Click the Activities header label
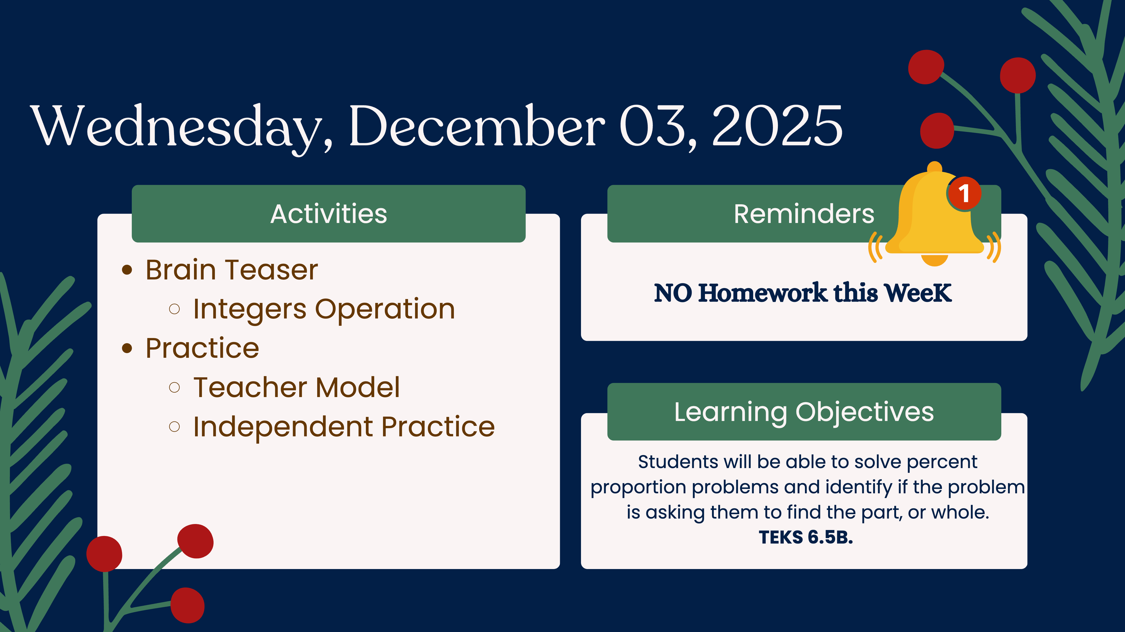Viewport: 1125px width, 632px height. (x=328, y=214)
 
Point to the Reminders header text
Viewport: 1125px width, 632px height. (x=804, y=214)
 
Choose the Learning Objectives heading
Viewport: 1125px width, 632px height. (x=804, y=412)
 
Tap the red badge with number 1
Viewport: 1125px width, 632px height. (x=964, y=193)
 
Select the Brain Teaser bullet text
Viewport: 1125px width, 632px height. (x=232, y=270)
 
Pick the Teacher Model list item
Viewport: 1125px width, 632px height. (x=296, y=388)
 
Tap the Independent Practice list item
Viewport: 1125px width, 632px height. (x=344, y=427)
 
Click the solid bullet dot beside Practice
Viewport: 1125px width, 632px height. (x=127, y=348)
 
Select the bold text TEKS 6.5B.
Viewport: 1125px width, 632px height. (x=806, y=537)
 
